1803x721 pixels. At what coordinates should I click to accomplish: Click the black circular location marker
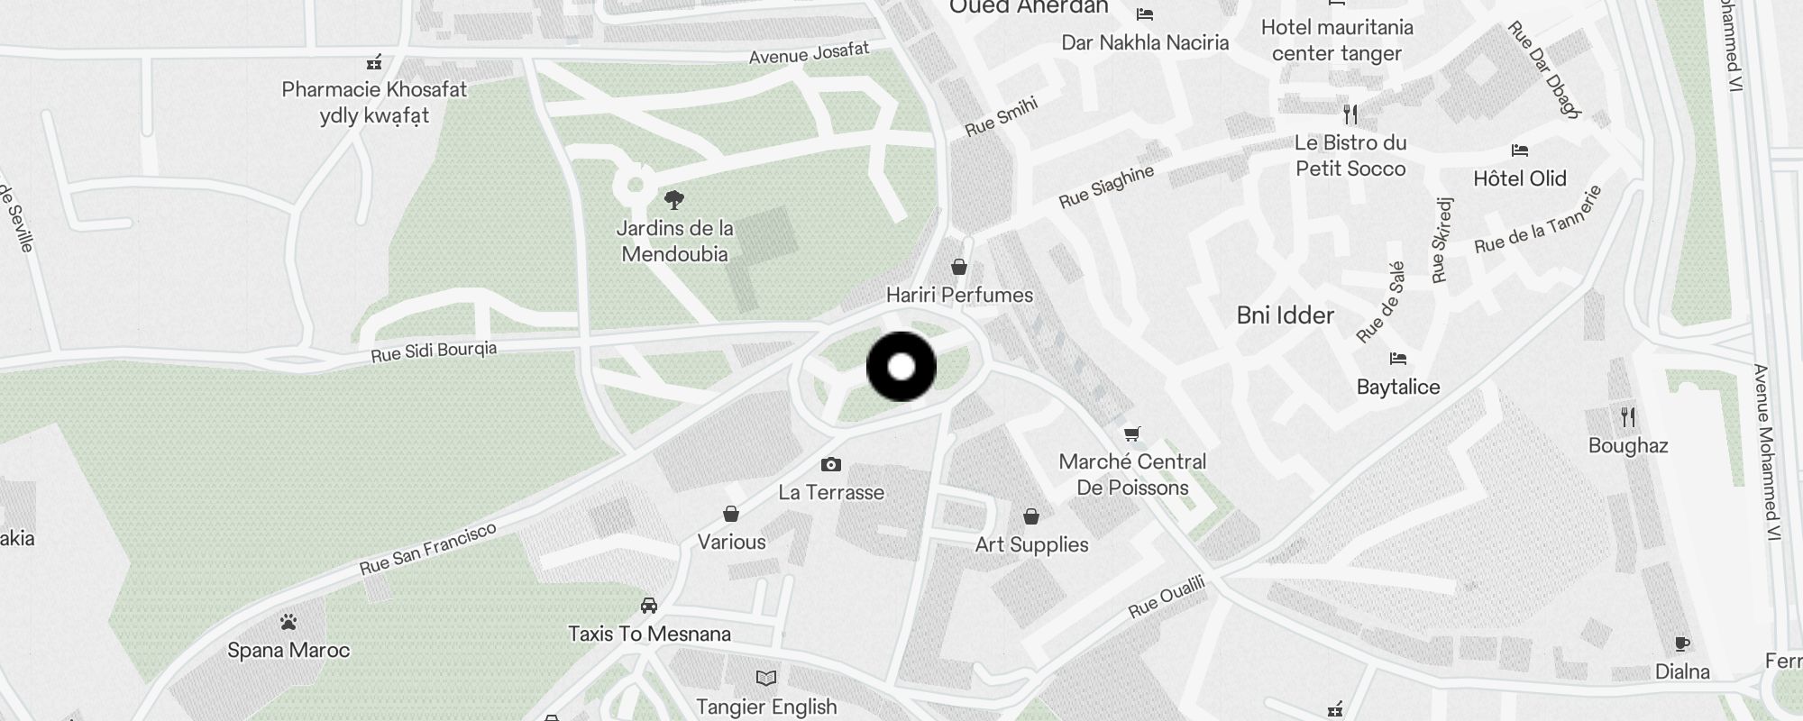click(x=901, y=367)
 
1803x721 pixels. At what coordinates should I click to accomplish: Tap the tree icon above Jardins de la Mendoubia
click(x=673, y=199)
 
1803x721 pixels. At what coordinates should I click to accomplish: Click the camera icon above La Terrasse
click(x=831, y=465)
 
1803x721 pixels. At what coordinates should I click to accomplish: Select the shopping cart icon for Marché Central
click(x=1132, y=434)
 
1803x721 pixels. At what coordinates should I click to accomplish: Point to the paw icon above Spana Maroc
click(x=288, y=622)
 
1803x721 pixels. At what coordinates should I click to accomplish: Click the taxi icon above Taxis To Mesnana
click(x=649, y=605)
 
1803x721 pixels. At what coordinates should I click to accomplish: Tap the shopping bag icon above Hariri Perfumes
click(x=959, y=267)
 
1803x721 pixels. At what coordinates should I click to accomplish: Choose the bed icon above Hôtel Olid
click(x=1520, y=151)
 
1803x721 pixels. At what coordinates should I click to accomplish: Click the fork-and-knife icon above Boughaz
click(x=1628, y=417)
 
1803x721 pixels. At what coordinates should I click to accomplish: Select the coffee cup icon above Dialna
click(x=1682, y=643)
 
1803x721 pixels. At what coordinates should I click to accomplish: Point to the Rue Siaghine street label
click(x=1106, y=187)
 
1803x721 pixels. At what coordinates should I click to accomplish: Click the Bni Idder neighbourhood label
click(x=1285, y=315)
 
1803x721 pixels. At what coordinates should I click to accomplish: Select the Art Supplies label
click(x=1031, y=544)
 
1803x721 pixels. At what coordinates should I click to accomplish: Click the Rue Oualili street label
click(x=1167, y=598)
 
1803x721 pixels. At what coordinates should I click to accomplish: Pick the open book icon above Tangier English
click(x=766, y=678)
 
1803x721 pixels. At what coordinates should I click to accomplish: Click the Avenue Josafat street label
click(x=809, y=53)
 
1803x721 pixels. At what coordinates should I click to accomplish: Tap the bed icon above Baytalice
click(x=1398, y=359)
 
